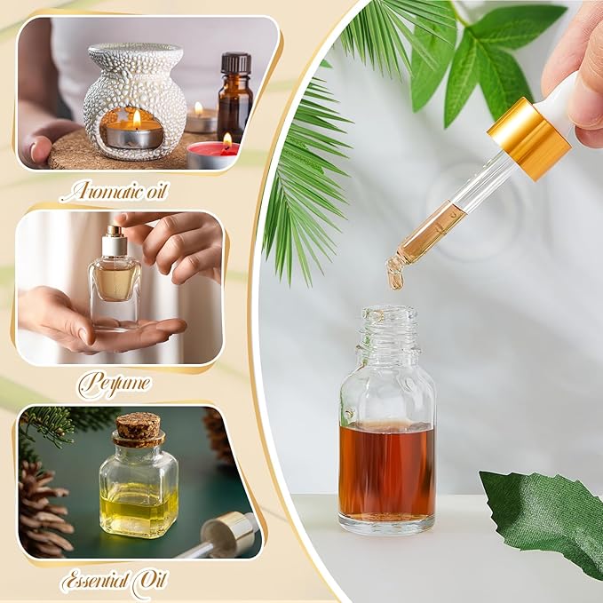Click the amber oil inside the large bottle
click(x=386, y=471)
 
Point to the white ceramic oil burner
click(x=134, y=98)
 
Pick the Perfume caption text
click(x=115, y=385)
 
